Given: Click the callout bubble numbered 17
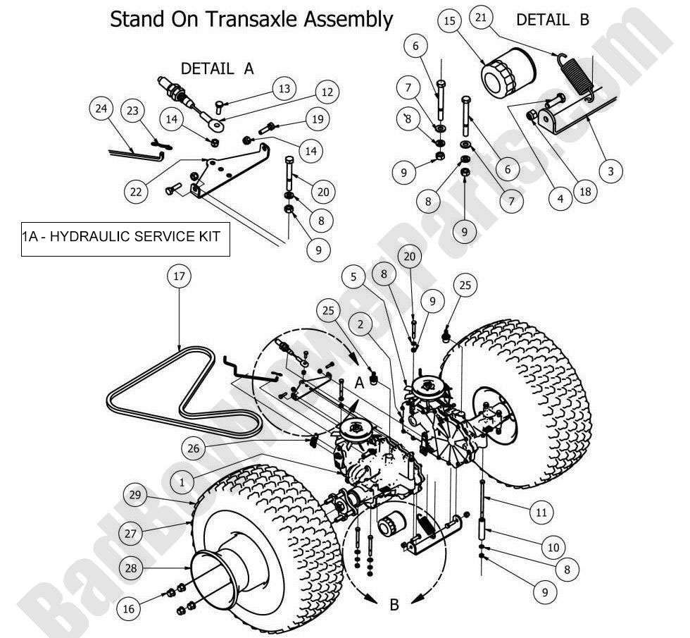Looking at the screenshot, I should [179, 277].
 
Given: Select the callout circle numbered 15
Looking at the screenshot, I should [449, 22].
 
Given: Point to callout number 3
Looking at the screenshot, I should [610, 171].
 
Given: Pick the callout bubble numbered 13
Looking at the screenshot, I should [284, 89].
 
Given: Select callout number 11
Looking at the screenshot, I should [541, 513].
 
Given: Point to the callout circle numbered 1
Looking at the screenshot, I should [182, 482].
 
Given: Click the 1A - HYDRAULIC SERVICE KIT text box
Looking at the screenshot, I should [125, 237].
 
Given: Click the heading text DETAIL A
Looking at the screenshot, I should [217, 68].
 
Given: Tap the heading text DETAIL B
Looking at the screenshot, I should [552, 20].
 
